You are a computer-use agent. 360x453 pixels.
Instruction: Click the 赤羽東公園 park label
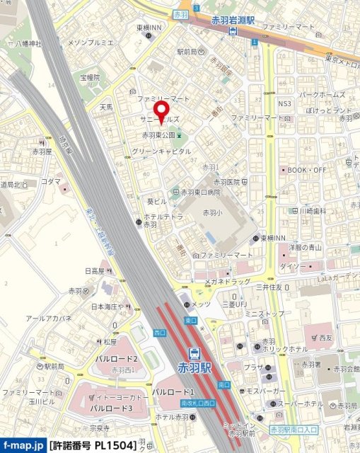click(158, 135)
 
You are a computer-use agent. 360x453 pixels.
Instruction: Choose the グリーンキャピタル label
click(161, 151)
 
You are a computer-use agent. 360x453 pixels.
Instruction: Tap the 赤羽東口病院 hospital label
click(200, 192)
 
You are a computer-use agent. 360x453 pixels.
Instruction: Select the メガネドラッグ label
click(228, 281)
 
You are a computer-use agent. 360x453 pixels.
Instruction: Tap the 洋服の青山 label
click(305, 247)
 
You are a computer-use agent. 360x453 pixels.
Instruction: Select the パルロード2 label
click(116, 360)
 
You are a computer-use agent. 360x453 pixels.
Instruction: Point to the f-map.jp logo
click(23, 446)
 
